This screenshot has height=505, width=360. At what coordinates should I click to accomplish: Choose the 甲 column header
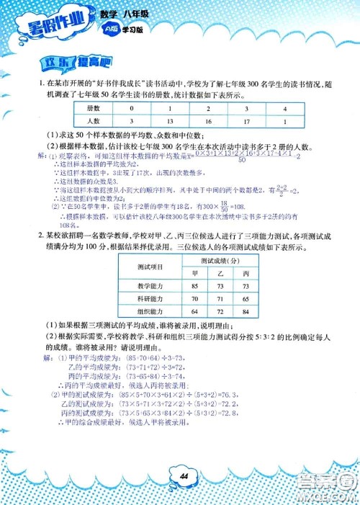(x=194, y=273)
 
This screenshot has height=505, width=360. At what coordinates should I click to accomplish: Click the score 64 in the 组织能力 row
(x=194, y=310)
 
